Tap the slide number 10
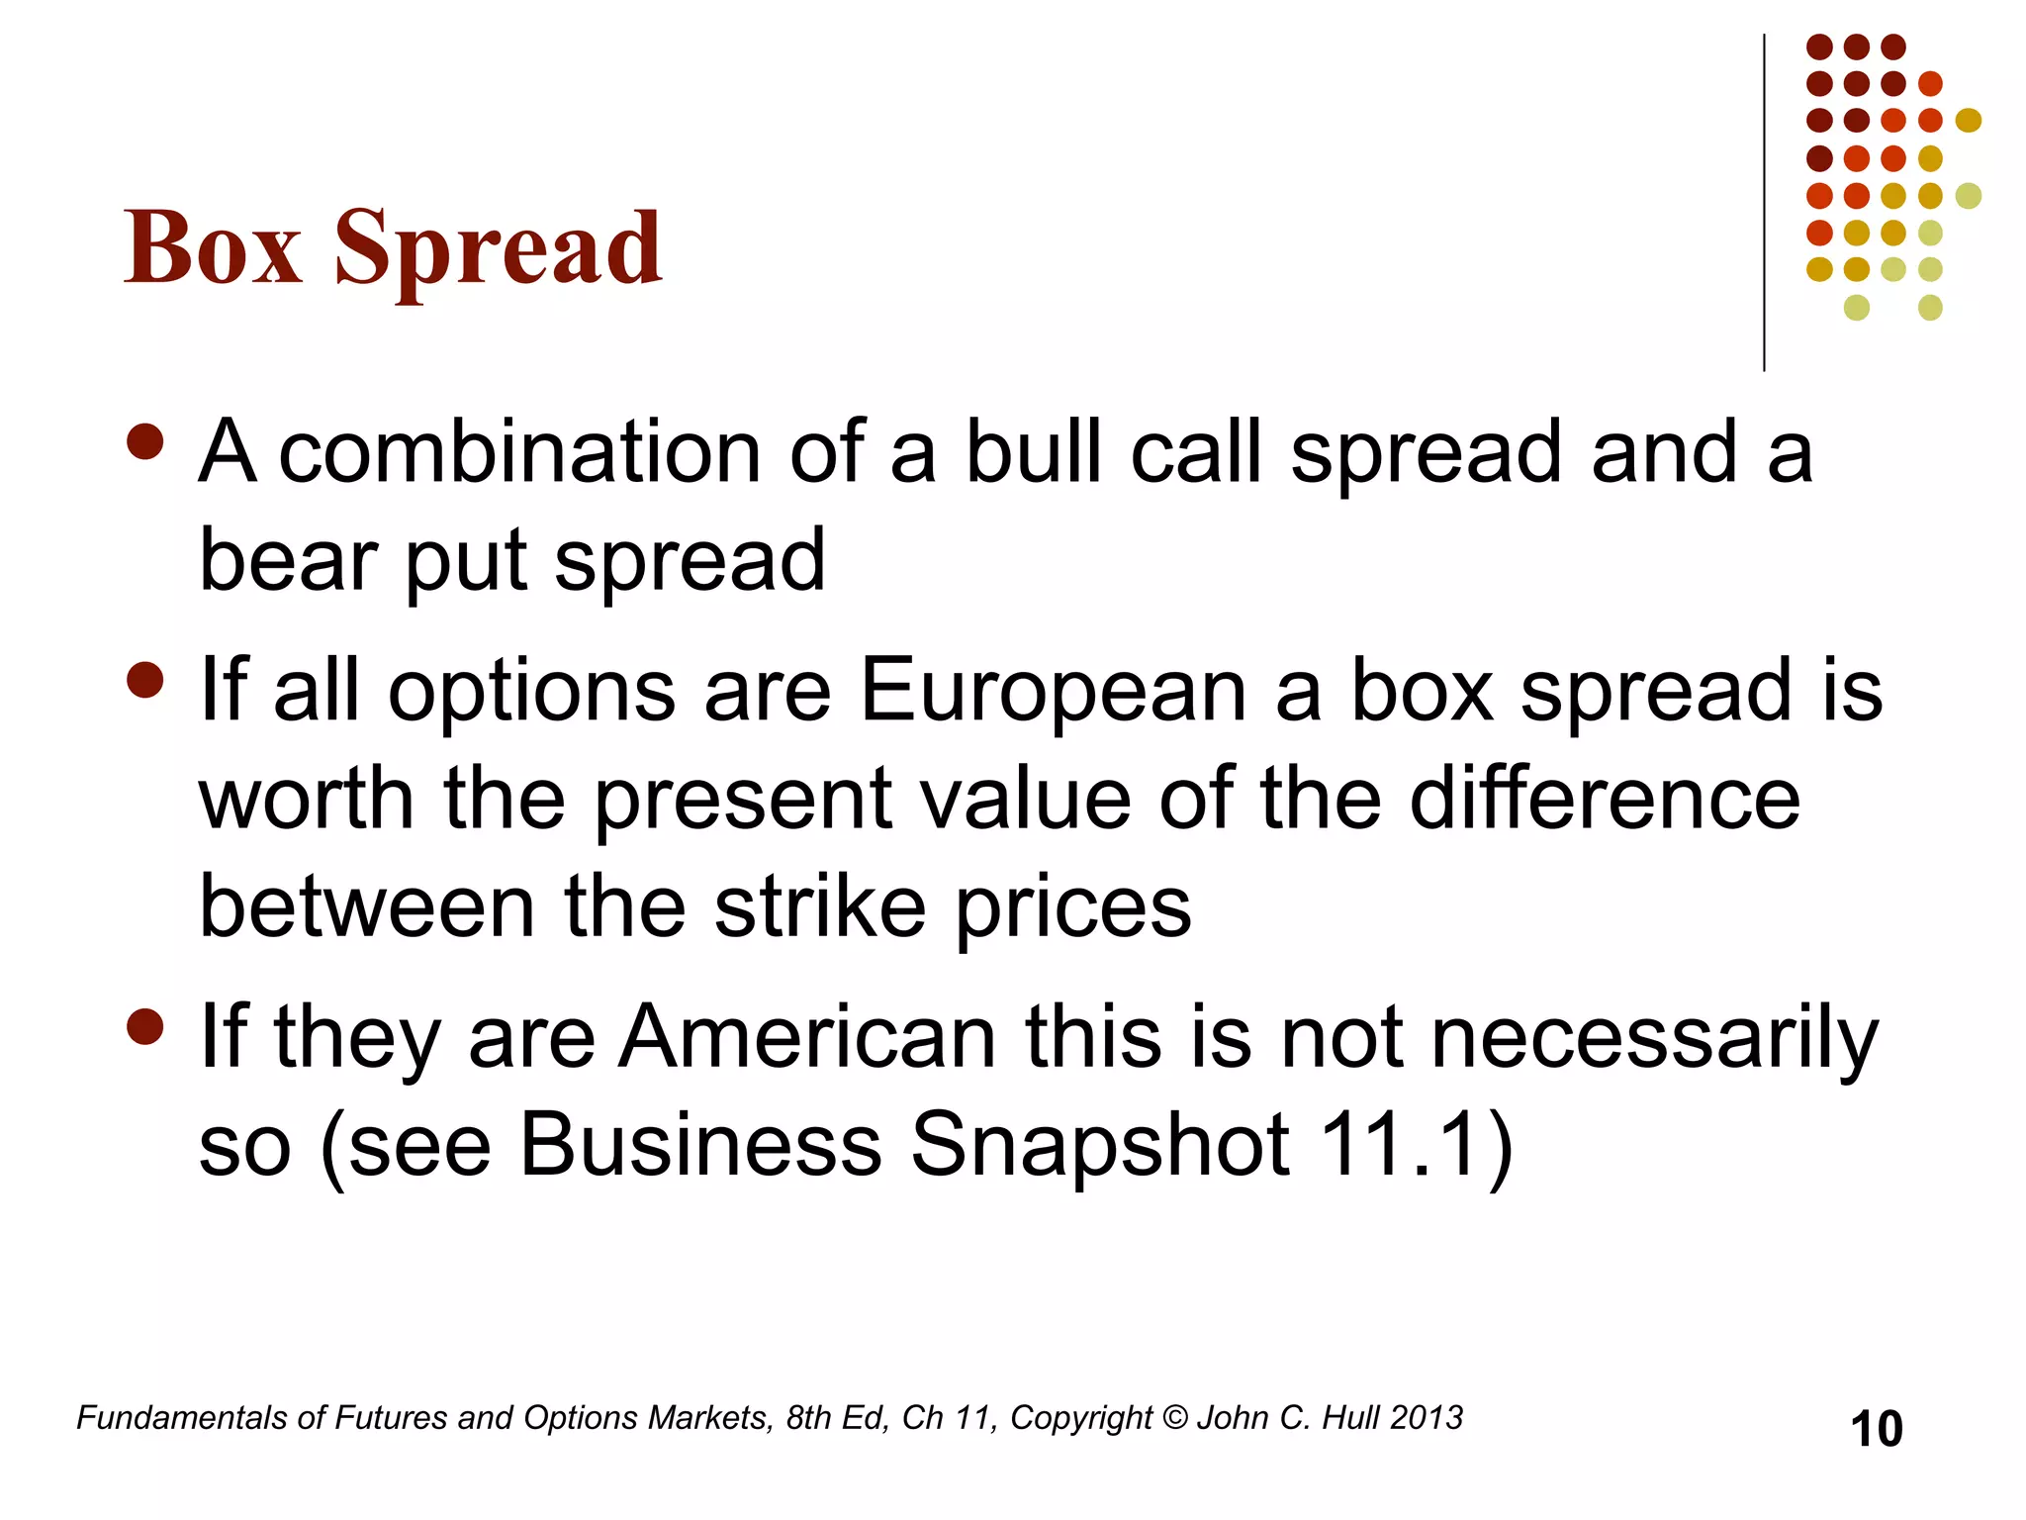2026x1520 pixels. tap(1876, 1429)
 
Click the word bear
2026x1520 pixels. tap(288, 561)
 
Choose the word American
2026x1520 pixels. tap(807, 1037)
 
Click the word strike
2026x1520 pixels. tap(820, 907)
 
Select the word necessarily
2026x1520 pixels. tap(1654, 1037)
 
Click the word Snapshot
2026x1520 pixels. tap(1099, 1145)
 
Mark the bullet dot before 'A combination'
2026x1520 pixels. tap(145, 442)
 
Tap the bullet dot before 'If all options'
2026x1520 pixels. tap(145, 681)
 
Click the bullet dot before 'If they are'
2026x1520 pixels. tap(145, 1027)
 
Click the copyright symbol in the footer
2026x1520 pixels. tap(1174, 1418)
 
